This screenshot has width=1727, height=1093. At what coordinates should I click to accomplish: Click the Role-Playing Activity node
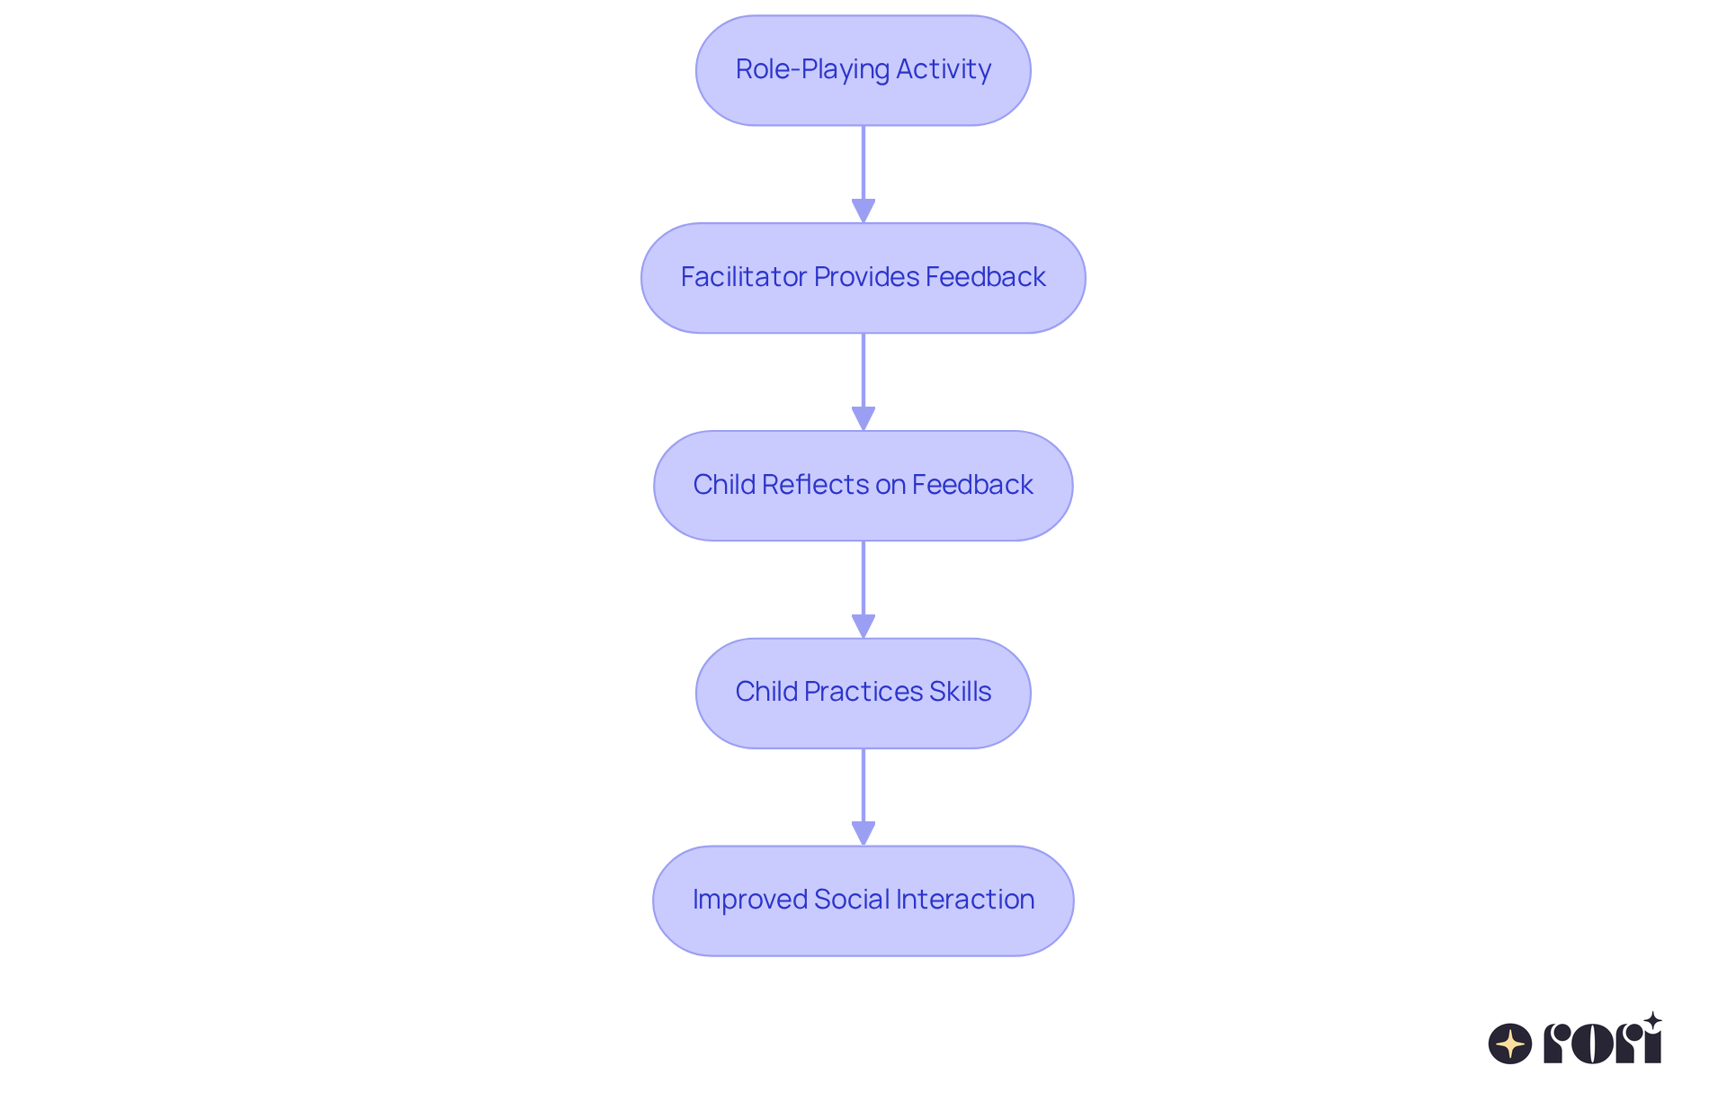point(863,70)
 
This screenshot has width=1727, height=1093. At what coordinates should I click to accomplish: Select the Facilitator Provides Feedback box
point(863,278)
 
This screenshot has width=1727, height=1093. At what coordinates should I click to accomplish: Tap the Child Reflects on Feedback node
point(863,486)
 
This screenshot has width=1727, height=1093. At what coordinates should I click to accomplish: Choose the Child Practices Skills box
point(863,693)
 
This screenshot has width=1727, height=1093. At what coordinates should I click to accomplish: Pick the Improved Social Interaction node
point(863,900)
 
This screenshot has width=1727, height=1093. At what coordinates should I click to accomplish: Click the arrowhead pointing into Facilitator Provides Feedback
point(863,211)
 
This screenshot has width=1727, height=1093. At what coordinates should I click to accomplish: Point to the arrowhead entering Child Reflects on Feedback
point(863,419)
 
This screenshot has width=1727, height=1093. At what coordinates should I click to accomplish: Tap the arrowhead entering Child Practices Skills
point(863,627)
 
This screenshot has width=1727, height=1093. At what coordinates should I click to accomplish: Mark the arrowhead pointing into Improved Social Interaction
point(863,834)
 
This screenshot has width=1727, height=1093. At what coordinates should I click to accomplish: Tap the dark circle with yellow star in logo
point(1509,1044)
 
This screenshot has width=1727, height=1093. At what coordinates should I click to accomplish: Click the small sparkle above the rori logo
point(1652,1021)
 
